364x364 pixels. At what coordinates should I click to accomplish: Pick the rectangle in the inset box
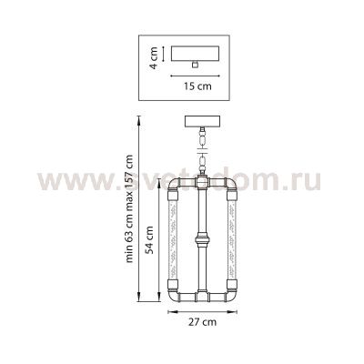click(x=197, y=53)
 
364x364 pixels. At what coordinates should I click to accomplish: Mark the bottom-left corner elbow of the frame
click(x=174, y=295)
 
